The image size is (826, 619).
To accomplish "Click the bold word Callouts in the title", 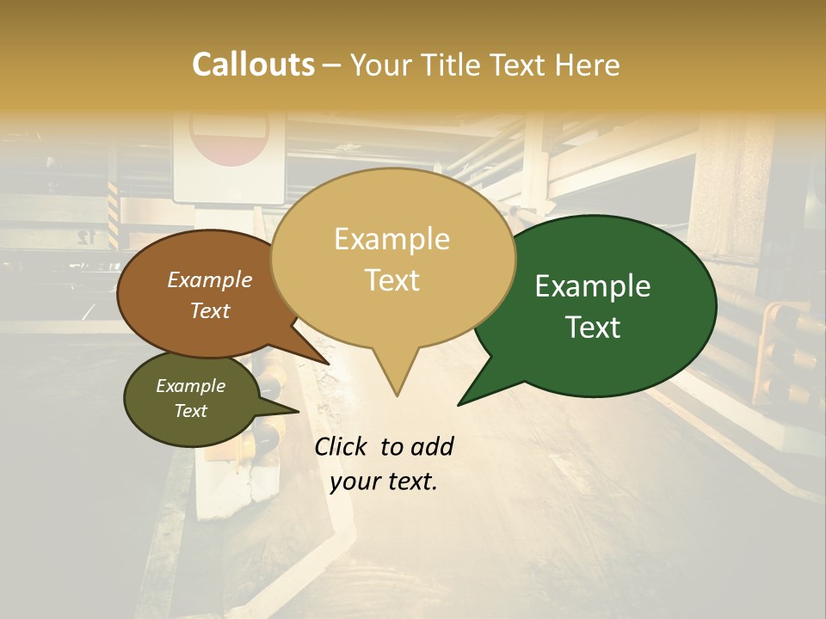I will tap(253, 64).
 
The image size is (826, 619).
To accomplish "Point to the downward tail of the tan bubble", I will tap(397, 383).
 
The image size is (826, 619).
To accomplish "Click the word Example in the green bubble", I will tap(593, 286).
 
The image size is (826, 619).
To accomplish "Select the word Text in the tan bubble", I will tap(392, 279).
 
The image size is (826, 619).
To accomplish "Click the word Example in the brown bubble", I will tap(209, 279).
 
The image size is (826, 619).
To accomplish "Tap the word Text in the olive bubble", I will tap(190, 411).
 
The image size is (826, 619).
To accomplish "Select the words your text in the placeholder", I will tap(384, 482).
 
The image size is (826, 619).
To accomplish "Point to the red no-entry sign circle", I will tap(230, 138).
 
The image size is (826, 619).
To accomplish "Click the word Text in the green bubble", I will tap(594, 327).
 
